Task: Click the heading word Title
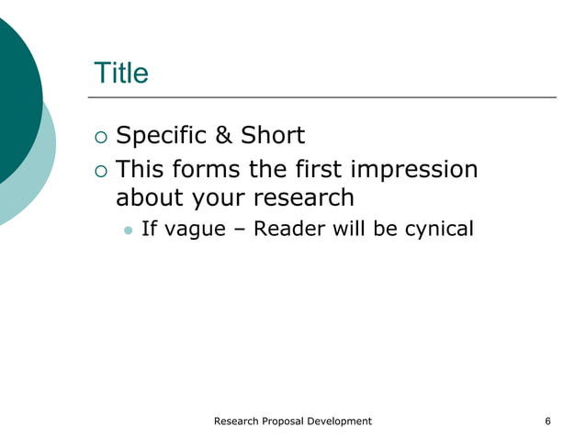point(120,73)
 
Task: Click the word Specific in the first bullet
point(159,137)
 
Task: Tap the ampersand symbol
point(222,137)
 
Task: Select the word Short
point(272,137)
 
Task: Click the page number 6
point(547,421)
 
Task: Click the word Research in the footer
point(237,421)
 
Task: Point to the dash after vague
point(238,229)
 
